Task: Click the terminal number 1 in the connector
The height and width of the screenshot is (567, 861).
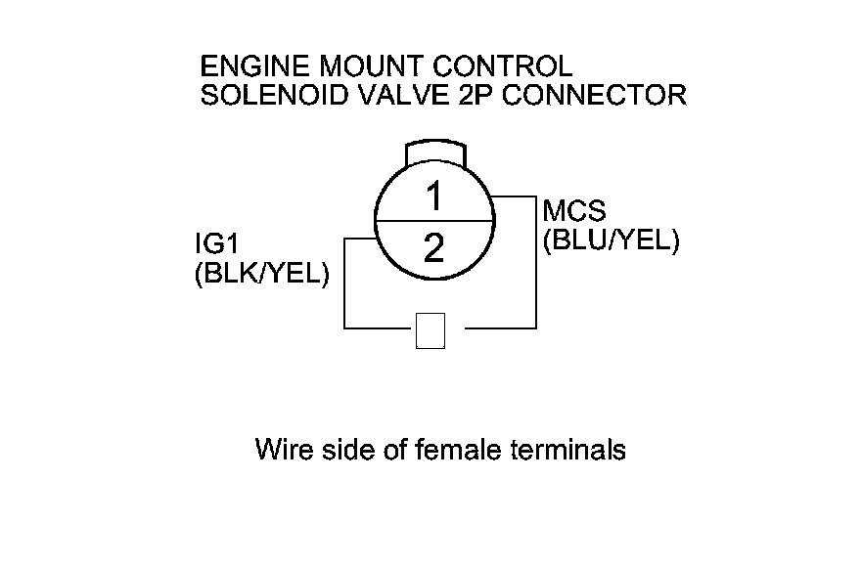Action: pyautogui.click(x=433, y=198)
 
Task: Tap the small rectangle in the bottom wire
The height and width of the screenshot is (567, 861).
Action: pyautogui.click(x=430, y=330)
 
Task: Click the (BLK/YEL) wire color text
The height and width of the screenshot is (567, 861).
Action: pyautogui.click(x=262, y=276)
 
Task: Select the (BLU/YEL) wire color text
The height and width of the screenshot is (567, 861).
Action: pyautogui.click(x=611, y=240)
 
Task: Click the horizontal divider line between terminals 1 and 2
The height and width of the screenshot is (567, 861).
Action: pyautogui.click(x=433, y=223)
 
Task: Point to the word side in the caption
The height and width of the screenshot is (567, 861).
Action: pyautogui.click(x=345, y=451)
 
